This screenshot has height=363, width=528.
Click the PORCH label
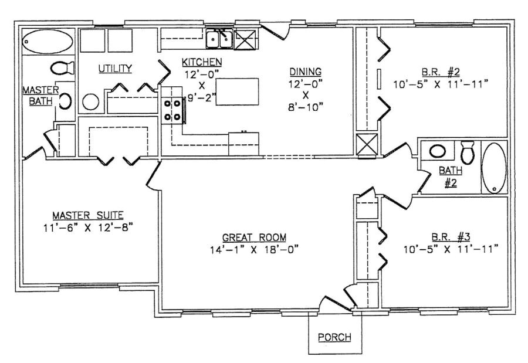click(335, 337)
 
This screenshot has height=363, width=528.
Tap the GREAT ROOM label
click(254, 238)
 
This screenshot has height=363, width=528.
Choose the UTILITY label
click(114, 68)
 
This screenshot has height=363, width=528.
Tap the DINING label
click(304, 72)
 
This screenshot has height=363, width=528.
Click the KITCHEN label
click(201, 62)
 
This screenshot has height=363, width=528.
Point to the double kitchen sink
click(219, 39)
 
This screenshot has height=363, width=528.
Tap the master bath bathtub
click(48, 42)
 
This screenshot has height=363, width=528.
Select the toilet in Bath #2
click(468, 152)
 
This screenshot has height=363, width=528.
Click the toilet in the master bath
click(62, 68)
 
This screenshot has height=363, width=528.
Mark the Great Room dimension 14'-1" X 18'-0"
click(254, 249)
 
